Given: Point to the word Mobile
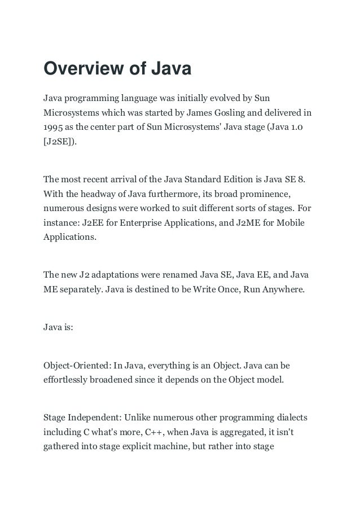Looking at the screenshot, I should point(289,223).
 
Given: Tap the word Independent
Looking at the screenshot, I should point(98,418).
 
